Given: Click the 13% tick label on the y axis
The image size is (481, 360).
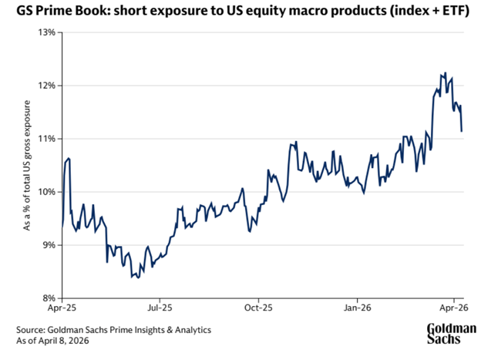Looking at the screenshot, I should tap(45, 32).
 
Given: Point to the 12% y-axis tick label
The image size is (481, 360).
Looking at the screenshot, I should tap(45, 86).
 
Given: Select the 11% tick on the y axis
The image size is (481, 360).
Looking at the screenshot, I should tap(45, 139).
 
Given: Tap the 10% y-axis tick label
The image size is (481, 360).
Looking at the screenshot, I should tap(45, 192).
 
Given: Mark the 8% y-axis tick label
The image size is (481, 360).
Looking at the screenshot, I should tap(46, 298).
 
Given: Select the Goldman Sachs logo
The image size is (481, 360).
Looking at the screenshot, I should tap(452, 332).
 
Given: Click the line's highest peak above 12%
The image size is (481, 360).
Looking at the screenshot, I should tap(445, 73).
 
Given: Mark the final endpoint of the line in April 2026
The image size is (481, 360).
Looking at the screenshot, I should tap(462, 131).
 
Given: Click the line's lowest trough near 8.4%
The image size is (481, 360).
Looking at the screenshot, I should tap(138, 278).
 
